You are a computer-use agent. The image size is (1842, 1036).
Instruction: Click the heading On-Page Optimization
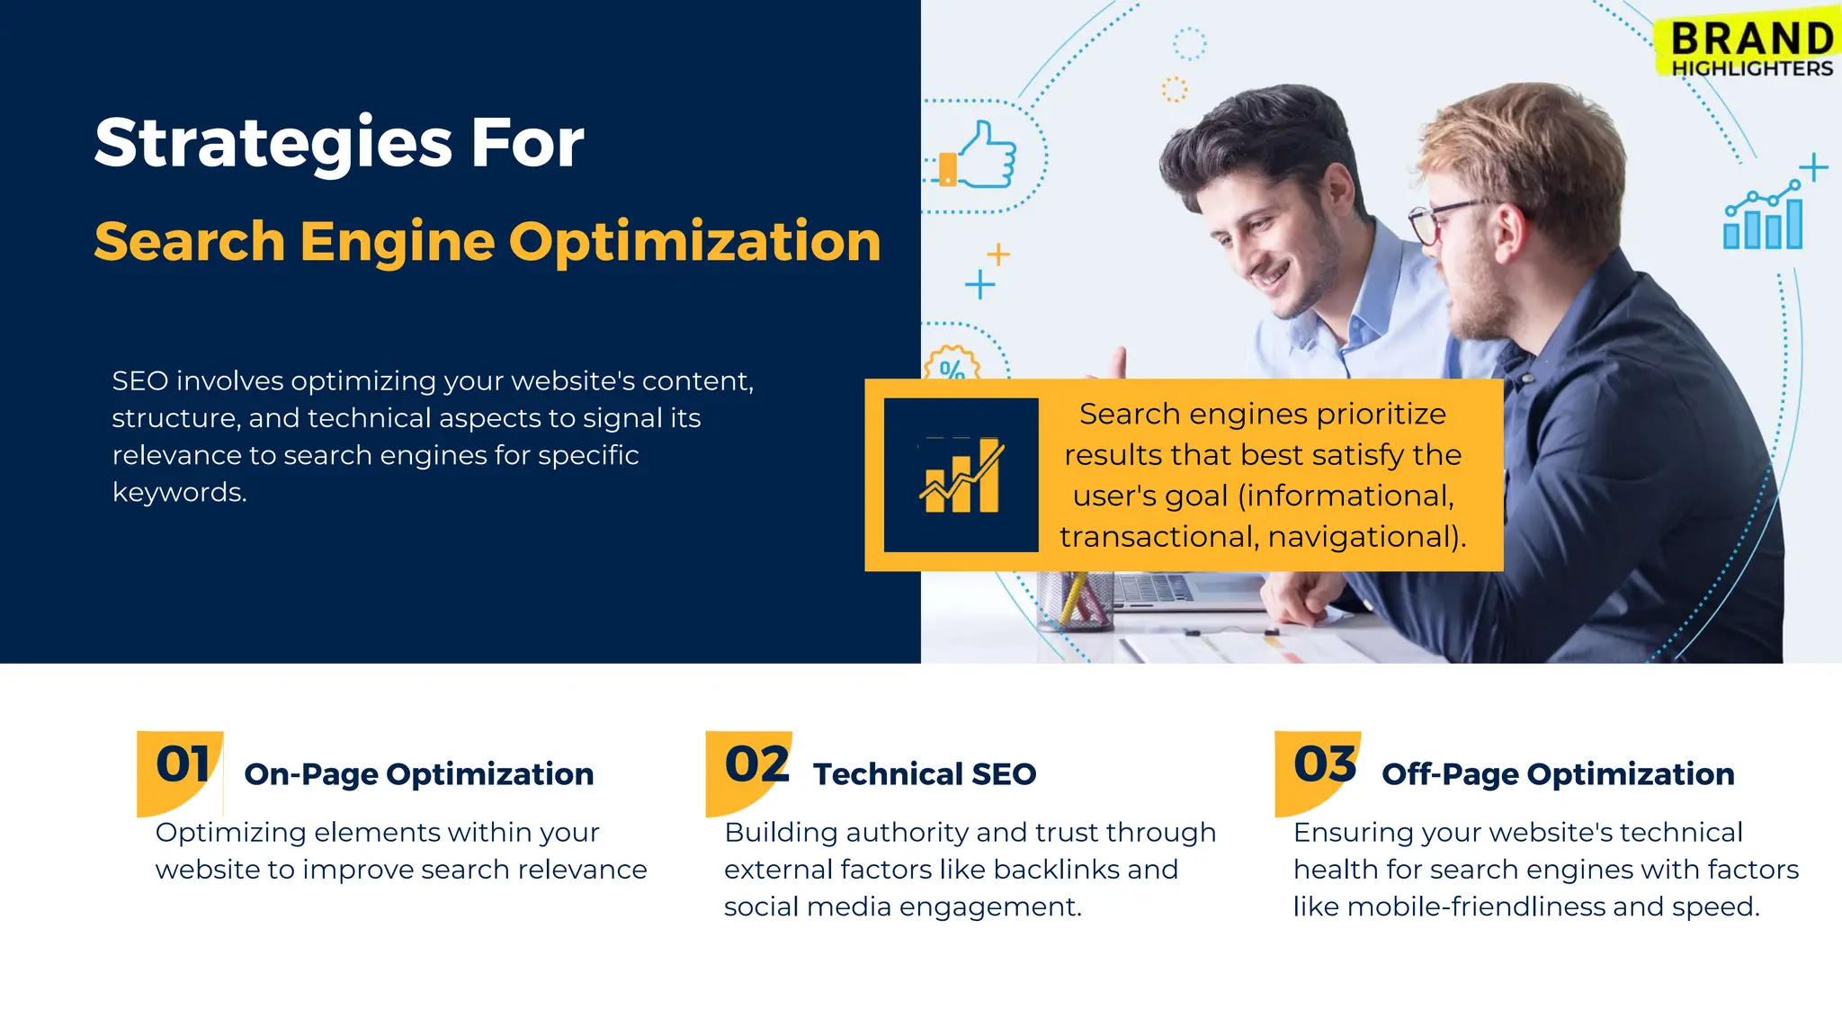click(418, 774)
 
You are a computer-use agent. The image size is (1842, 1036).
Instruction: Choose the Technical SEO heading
click(924, 774)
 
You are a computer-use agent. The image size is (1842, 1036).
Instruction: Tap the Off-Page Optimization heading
click(1558, 774)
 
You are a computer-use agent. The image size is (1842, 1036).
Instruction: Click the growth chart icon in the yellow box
click(961, 475)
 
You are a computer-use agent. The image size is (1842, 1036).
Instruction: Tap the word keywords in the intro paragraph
click(178, 493)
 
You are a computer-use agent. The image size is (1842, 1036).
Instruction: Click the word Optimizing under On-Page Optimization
click(230, 833)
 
